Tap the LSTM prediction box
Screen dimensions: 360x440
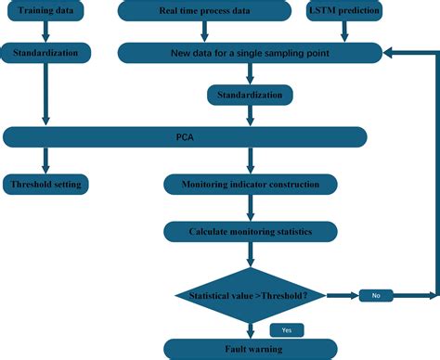[x=345, y=12]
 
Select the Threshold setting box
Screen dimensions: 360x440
[x=45, y=184]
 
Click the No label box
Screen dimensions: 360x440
[x=376, y=296]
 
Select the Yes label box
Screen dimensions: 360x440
[x=286, y=329]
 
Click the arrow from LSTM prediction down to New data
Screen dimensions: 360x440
[x=345, y=32]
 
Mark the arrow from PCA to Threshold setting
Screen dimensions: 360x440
[x=45, y=161]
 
